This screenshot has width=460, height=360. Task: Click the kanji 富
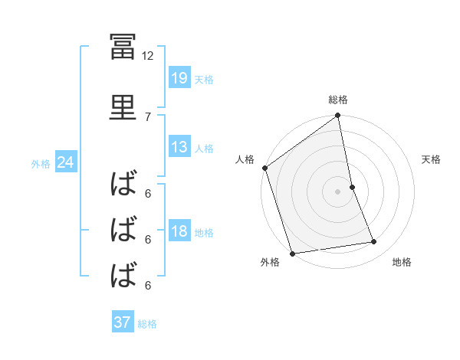[x=123, y=48]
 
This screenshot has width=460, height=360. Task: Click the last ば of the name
[x=123, y=273]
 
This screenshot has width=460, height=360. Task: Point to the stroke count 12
[x=148, y=56]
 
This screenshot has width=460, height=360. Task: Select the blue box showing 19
[x=179, y=77]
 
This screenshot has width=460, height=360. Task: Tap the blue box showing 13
[x=179, y=147]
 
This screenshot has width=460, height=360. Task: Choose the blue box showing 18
[x=179, y=232]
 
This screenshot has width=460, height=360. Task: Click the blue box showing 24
[x=65, y=162]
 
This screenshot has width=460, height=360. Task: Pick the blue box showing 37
[x=123, y=322]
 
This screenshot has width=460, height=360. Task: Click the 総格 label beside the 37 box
[x=147, y=324]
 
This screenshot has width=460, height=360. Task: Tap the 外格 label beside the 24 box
[x=41, y=163]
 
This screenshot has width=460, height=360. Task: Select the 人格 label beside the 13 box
[x=204, y=148]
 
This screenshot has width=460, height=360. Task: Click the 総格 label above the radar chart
[x=338, y=100]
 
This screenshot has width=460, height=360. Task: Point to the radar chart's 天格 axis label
[x=432, y=159]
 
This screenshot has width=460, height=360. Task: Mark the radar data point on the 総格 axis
[x=337, y=117]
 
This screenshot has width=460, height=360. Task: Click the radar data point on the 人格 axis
[x=264, y=168]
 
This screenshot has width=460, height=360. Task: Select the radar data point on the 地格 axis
[x=374, y=242]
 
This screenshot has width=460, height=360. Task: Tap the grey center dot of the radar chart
[x=337, y=191]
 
